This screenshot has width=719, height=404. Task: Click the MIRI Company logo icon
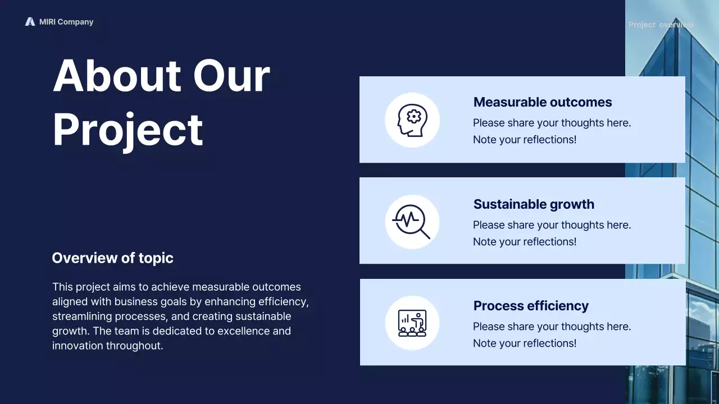[30, 22]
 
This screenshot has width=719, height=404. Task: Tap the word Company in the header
[75, 22]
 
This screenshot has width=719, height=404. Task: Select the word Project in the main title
[128, 130]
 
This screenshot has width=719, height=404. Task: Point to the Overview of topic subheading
[112, 258]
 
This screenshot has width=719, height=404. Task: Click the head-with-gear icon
[412, 120]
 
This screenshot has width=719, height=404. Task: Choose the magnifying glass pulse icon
[412, 222]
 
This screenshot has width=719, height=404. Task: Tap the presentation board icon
[412, 323]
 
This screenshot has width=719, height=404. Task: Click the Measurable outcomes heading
[542, 102]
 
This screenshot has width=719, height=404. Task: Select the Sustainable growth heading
[534, 204]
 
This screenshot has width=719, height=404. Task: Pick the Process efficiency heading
[531, 306]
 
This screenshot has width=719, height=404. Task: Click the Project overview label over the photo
[661, 25]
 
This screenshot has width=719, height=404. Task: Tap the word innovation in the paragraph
[78, 346]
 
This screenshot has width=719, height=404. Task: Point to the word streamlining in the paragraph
[82, 316]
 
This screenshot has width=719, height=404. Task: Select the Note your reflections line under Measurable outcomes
[524, 140]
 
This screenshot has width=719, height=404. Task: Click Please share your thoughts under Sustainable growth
[552, 225]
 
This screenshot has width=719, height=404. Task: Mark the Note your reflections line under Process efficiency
[524, 343]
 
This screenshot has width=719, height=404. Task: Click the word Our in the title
[231, 76]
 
